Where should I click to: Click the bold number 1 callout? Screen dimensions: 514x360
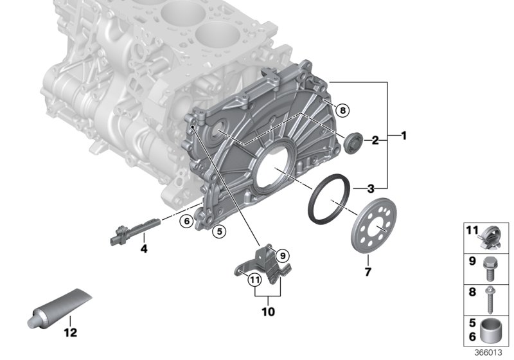[404, 136]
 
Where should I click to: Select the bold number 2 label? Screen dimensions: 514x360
[375, 141]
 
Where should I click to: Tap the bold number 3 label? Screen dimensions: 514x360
[371, 188]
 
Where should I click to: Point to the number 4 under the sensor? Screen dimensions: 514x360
[144, 249]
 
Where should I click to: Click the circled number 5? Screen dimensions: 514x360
[219, 231]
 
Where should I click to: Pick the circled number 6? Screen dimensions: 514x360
[187, 221]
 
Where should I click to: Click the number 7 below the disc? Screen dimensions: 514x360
[368, 272]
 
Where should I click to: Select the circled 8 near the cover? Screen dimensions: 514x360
[342, 111]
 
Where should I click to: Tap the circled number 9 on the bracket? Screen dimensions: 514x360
[283, 255]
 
